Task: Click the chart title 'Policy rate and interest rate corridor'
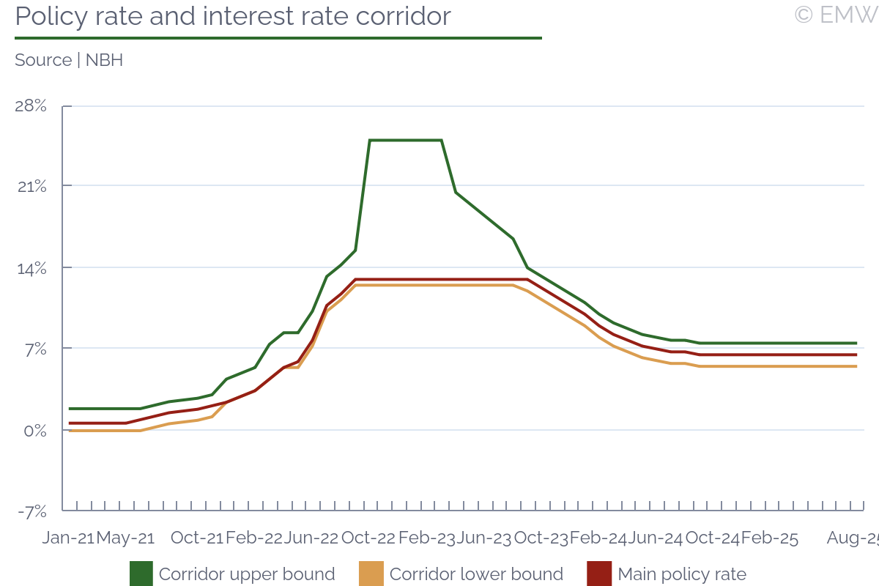pos(233,16)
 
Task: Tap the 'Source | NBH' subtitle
pos(69,60)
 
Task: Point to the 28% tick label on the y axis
pos(31,106)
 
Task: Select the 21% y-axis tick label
pos(31,187)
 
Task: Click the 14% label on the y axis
pos(31,268)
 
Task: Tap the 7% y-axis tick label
pos(34,349)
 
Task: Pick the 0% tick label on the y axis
pos(34,431)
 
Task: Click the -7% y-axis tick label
pos(32,511)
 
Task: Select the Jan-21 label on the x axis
pos(68,538)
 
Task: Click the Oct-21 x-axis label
pos(196,538)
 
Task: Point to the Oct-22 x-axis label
pos(368,538)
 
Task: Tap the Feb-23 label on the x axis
pos(426,538)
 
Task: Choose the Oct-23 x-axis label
pos(541,538)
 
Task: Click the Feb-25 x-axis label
pos(770,538)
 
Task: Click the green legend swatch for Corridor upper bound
pos(141,574)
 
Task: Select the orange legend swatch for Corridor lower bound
pos(371,574)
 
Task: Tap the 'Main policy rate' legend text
pos(682,574)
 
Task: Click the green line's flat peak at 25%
pos(405,140)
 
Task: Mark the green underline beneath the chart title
pos(278,37)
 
